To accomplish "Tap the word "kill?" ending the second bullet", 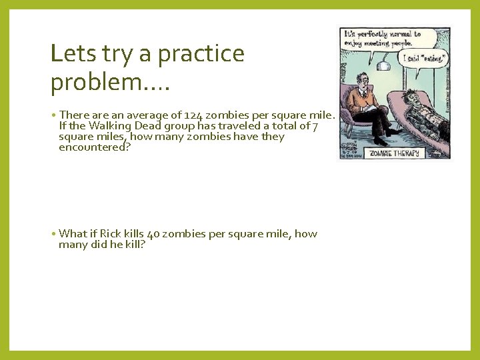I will click(x=133, y=245).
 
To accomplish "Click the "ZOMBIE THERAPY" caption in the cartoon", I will click(x=396, y=153).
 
